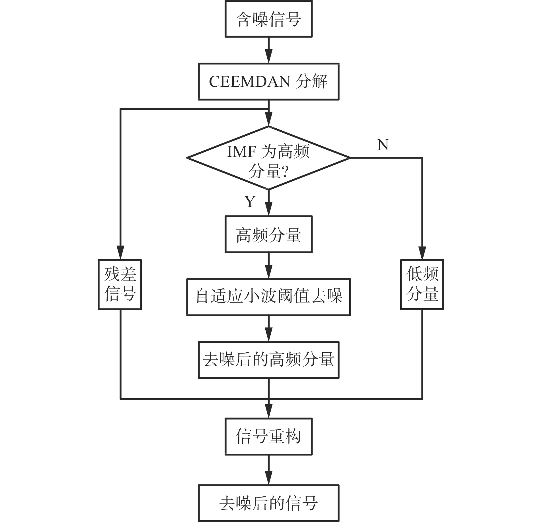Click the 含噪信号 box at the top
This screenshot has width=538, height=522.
268,19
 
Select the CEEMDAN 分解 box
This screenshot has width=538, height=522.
268,81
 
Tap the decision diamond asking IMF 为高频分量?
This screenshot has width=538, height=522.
268,158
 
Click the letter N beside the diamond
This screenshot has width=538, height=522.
383,145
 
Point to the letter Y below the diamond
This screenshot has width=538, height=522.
250,202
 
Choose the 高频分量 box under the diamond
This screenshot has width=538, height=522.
268,235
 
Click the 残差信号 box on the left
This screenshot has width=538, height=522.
120,284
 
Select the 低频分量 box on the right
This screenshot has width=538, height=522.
422,284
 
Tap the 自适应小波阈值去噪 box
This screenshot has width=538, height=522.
268,297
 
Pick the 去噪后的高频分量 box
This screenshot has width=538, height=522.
268,360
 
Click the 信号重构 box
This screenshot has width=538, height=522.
268,436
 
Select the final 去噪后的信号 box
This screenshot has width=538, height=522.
268,503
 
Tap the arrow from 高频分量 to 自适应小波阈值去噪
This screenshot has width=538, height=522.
268,266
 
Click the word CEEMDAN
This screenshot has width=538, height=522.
249,82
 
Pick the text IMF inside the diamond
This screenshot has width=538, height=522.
237,151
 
